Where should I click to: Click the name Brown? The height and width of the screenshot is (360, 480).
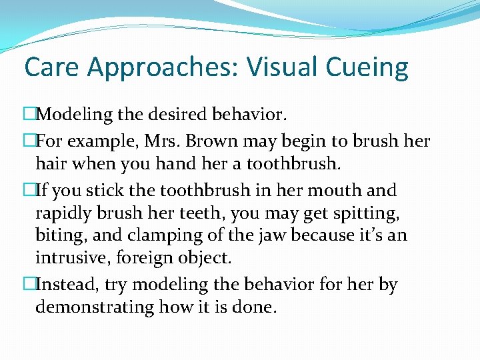(x=205, y=142)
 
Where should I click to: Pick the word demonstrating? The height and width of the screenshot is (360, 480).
(x=94, y=307)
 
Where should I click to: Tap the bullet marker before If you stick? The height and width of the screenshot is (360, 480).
(x=29, y=191)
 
